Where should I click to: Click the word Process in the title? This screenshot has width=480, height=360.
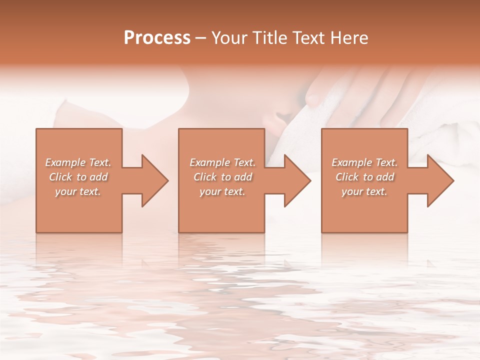(x=157, y=38)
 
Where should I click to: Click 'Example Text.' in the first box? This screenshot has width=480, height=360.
(x=78, y=162)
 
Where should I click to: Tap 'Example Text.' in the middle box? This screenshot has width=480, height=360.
(x=222, y=162)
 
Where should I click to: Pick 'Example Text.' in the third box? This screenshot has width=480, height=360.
(x=364, y=162)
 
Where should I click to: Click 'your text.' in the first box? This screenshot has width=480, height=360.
(x=78, y=191)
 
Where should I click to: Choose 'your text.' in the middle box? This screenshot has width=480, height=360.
(x=222, y=191)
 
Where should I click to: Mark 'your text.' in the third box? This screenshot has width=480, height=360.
(x=364, y=191)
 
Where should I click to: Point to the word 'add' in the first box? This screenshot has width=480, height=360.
(x=98, y=177)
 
